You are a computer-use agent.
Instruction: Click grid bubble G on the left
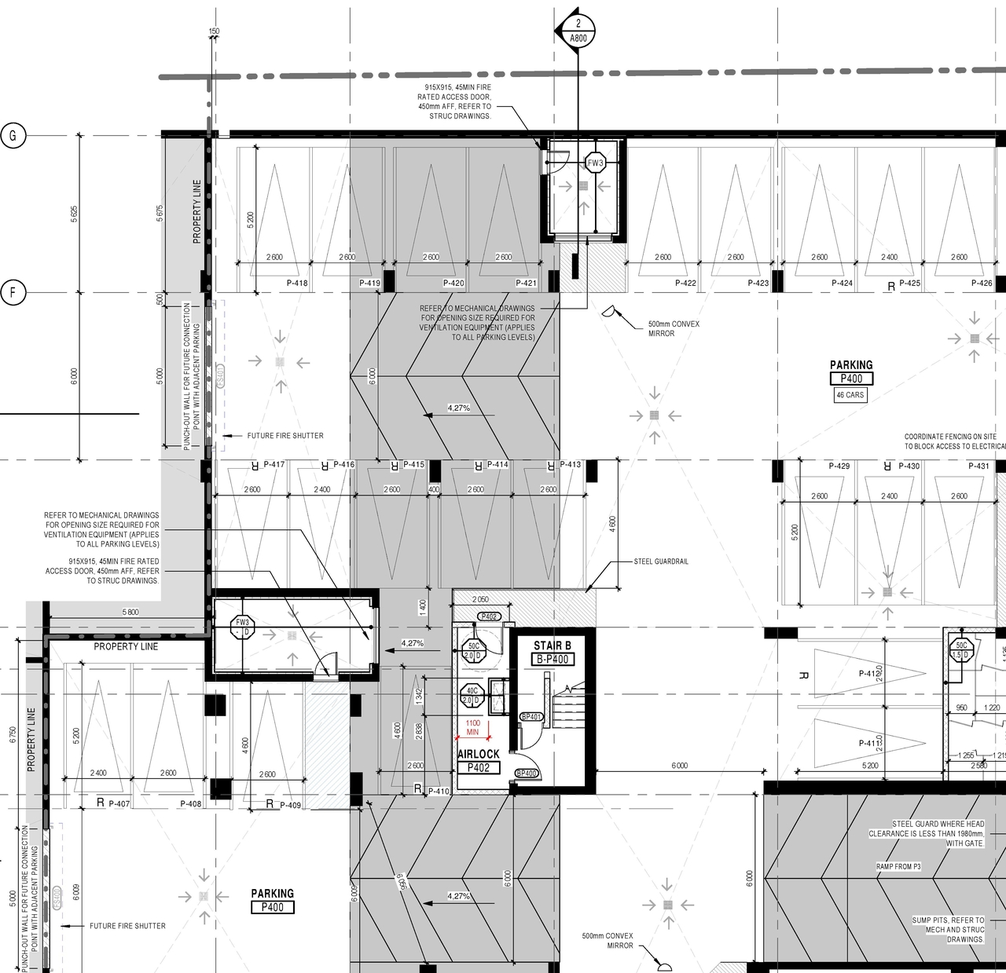click(13, 136)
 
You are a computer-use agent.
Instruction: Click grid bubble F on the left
click(13, 293)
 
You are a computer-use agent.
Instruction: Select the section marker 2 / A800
click(578, 30)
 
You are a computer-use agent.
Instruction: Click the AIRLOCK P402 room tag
click(479, 761)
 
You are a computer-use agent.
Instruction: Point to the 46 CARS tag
click(850, 395)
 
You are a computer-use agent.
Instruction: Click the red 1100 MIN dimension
click(472, 727)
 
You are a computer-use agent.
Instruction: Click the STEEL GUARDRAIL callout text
click(661, 561)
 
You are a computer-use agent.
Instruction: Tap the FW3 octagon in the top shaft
click(596, 163)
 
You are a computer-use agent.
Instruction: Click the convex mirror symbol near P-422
click(610, 312)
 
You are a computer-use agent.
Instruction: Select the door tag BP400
click(526, 774)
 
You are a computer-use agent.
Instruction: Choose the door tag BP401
click(531, 717)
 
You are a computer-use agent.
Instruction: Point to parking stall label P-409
click(289, 804)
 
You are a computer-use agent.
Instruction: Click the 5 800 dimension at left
click(130, 612)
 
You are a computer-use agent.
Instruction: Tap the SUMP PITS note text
click(948, 930)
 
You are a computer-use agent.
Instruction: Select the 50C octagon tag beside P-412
click(961, 650)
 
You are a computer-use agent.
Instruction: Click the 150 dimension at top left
click(214, 32)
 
